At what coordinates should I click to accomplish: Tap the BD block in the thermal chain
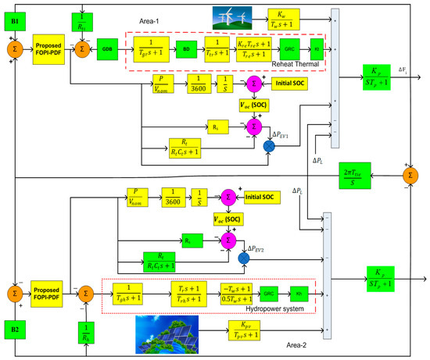pos(185,48)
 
